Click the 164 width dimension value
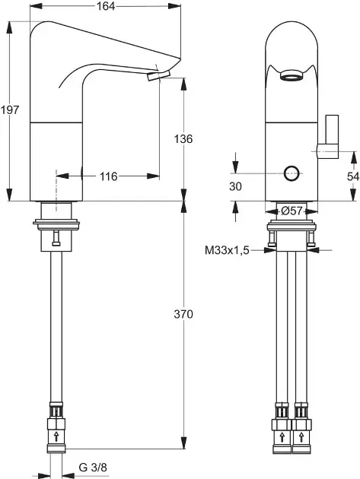(106, 6)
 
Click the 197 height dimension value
(10, 110)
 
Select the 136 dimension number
(183, 139)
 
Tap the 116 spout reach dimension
(109, 176)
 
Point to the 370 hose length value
(183, 314)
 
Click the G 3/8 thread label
(93, 468)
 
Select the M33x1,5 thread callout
(227, 251)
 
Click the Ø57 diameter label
(292, 211)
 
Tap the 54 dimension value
(353, 176)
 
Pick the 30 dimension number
(235, 186)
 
